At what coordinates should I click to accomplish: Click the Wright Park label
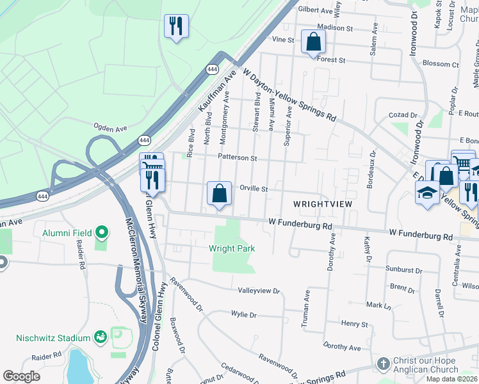(x=231, y=248)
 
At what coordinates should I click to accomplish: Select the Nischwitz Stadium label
(x=53, y=338)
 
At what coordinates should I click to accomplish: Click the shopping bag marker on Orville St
(x=219, y=193)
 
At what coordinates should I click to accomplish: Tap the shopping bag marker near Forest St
(x=313, y=42)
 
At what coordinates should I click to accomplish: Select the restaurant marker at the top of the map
(x=176, y=26)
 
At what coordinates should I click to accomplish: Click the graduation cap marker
(x=427, y=192)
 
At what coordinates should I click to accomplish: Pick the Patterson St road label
(x=237, y=157)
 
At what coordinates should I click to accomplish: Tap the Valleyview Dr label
(x=259, y=291)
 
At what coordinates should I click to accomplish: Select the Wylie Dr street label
(x=243, y=315)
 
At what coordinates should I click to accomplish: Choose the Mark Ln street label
(x=378, y=305)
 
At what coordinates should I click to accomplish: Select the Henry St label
(x=354, y=324)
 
